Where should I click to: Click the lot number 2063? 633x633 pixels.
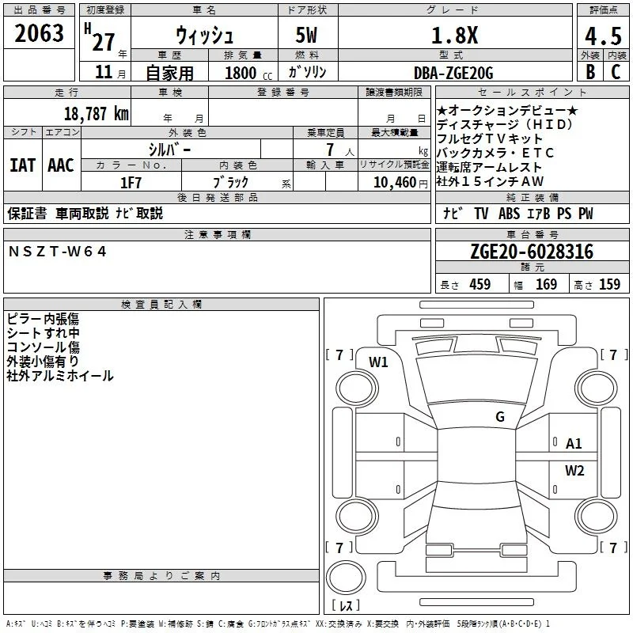39,33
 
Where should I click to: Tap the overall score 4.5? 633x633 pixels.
603,36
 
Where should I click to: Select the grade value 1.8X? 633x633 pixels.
454,36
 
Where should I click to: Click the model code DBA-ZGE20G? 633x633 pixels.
453,73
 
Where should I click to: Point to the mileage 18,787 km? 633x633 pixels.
97,113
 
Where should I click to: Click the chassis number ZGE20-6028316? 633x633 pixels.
532,252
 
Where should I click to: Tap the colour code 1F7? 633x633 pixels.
131,183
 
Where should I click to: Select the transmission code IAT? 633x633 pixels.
23,165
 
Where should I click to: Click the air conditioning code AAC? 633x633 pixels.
61,165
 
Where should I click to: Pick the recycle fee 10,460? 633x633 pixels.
395,183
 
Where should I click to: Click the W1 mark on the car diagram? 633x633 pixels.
378,362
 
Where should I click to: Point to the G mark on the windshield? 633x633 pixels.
500,416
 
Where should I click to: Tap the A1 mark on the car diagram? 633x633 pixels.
574,444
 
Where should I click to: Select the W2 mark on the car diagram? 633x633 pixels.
574,470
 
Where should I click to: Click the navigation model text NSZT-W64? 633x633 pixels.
57,252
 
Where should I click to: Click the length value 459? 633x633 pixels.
480,284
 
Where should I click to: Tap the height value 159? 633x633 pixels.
609,284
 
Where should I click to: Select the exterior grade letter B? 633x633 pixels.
590,72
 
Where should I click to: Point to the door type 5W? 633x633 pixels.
306,35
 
